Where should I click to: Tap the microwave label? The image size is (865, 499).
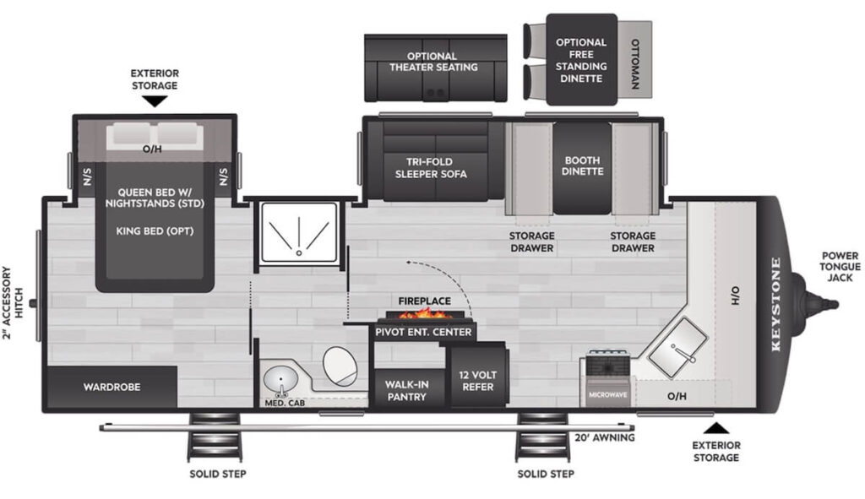607,394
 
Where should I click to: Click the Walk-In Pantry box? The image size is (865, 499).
407,390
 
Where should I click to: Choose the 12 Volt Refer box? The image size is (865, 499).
476,381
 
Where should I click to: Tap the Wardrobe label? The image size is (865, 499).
112,387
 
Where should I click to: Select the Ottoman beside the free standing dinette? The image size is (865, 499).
636,63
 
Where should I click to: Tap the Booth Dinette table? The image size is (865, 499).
582,166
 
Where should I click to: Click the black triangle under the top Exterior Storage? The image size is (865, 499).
154,101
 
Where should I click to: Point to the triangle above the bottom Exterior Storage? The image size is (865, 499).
715,426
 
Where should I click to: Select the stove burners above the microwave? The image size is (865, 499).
607,365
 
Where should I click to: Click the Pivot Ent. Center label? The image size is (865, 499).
423,332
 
